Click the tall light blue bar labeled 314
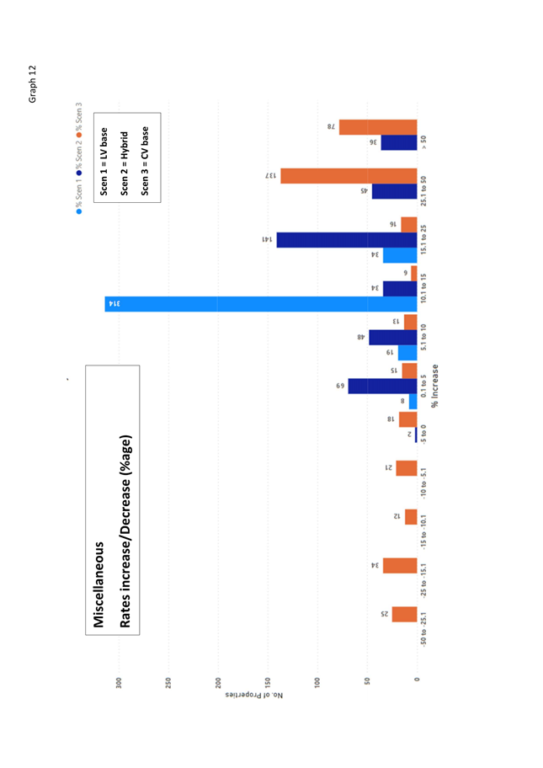click(261, 304)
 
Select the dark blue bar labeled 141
click(347, 240)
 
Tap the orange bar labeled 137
click(349, 176)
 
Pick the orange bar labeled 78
click(378, 126)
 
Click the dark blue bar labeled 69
click(382, 386)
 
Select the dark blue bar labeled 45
click(394, 191)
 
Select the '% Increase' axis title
click(435, 386)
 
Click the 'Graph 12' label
click(33, 84)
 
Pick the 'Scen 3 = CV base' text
click(144, 160)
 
